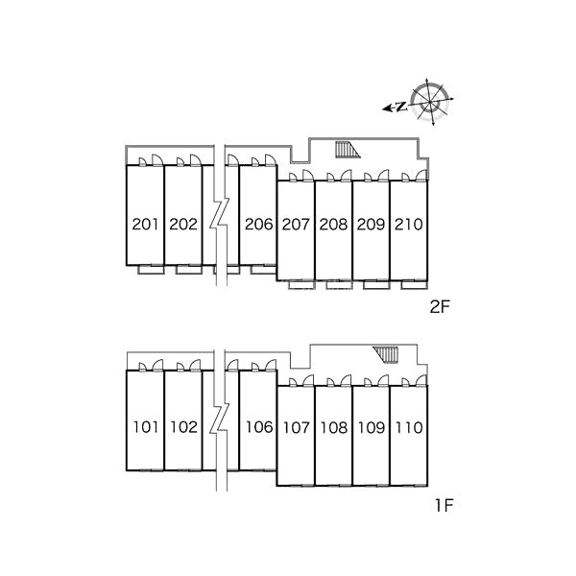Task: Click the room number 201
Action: (146, 224)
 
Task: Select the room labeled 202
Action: (183, 224)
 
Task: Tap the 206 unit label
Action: (259, 224)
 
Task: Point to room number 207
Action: (296, 224)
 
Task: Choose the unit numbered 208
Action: (333, 224)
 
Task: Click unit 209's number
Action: (371, 224)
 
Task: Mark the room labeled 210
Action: (409, 224)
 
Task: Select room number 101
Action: (146, 427)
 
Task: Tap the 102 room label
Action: (183, 427)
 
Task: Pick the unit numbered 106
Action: (259, 427)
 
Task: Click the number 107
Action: (297, 427)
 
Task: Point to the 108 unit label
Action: (334, 427)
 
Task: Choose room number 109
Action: (372, 427)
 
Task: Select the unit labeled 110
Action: (409, 427)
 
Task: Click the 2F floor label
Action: (440, 307)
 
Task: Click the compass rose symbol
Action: (430, 102)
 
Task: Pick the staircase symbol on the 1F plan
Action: (386, 355)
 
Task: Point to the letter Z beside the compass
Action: (402, 107)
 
